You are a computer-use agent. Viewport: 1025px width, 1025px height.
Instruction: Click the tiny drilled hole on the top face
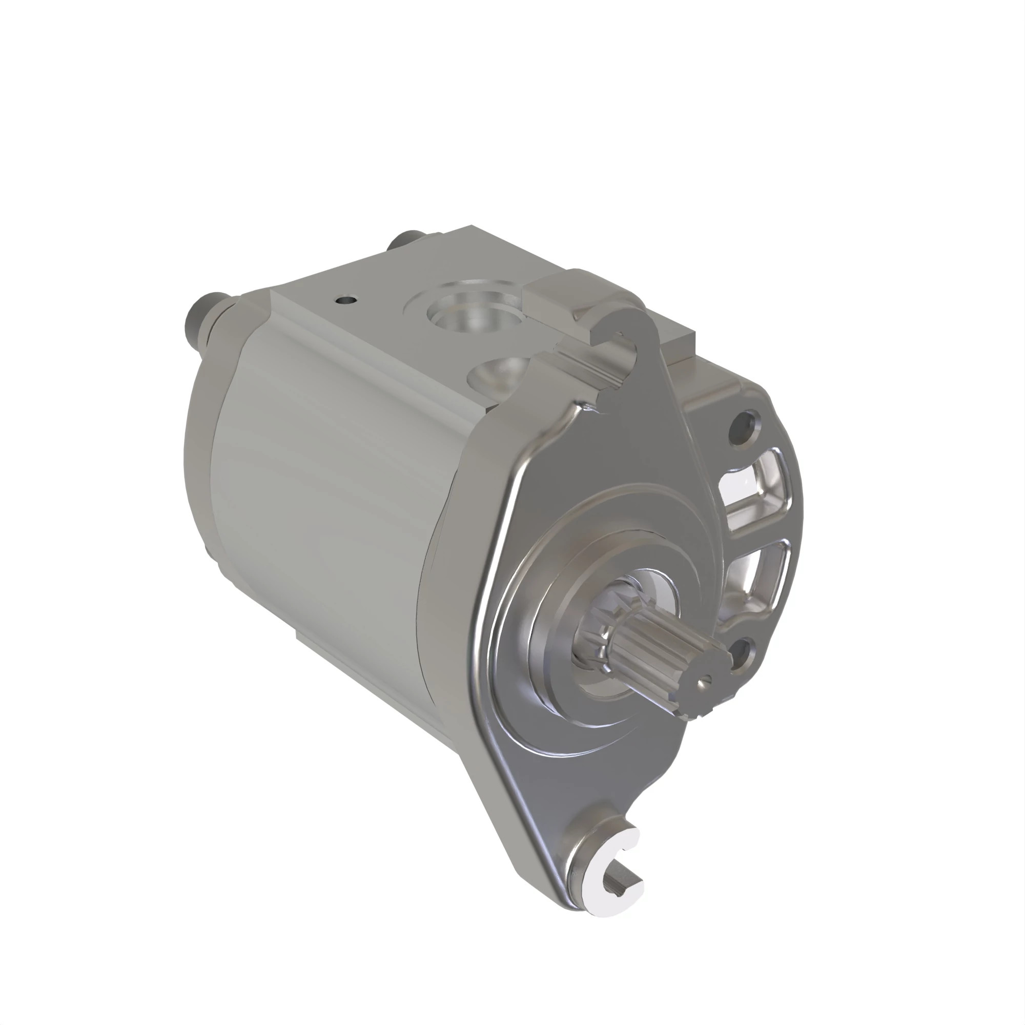tap(345, 300)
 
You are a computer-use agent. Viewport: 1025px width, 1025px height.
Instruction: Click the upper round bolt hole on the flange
tap(745, 422)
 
